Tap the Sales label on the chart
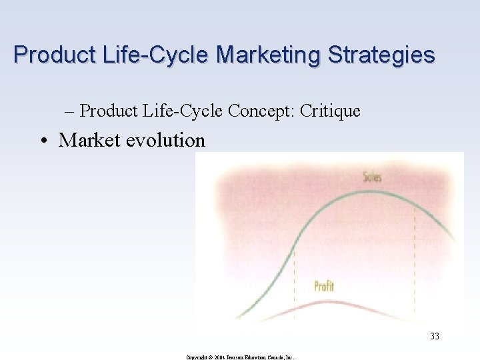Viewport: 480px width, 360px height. pos(372,177)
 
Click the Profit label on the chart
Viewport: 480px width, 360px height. pos(324,287)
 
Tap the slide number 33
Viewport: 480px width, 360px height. pos(435,337)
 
